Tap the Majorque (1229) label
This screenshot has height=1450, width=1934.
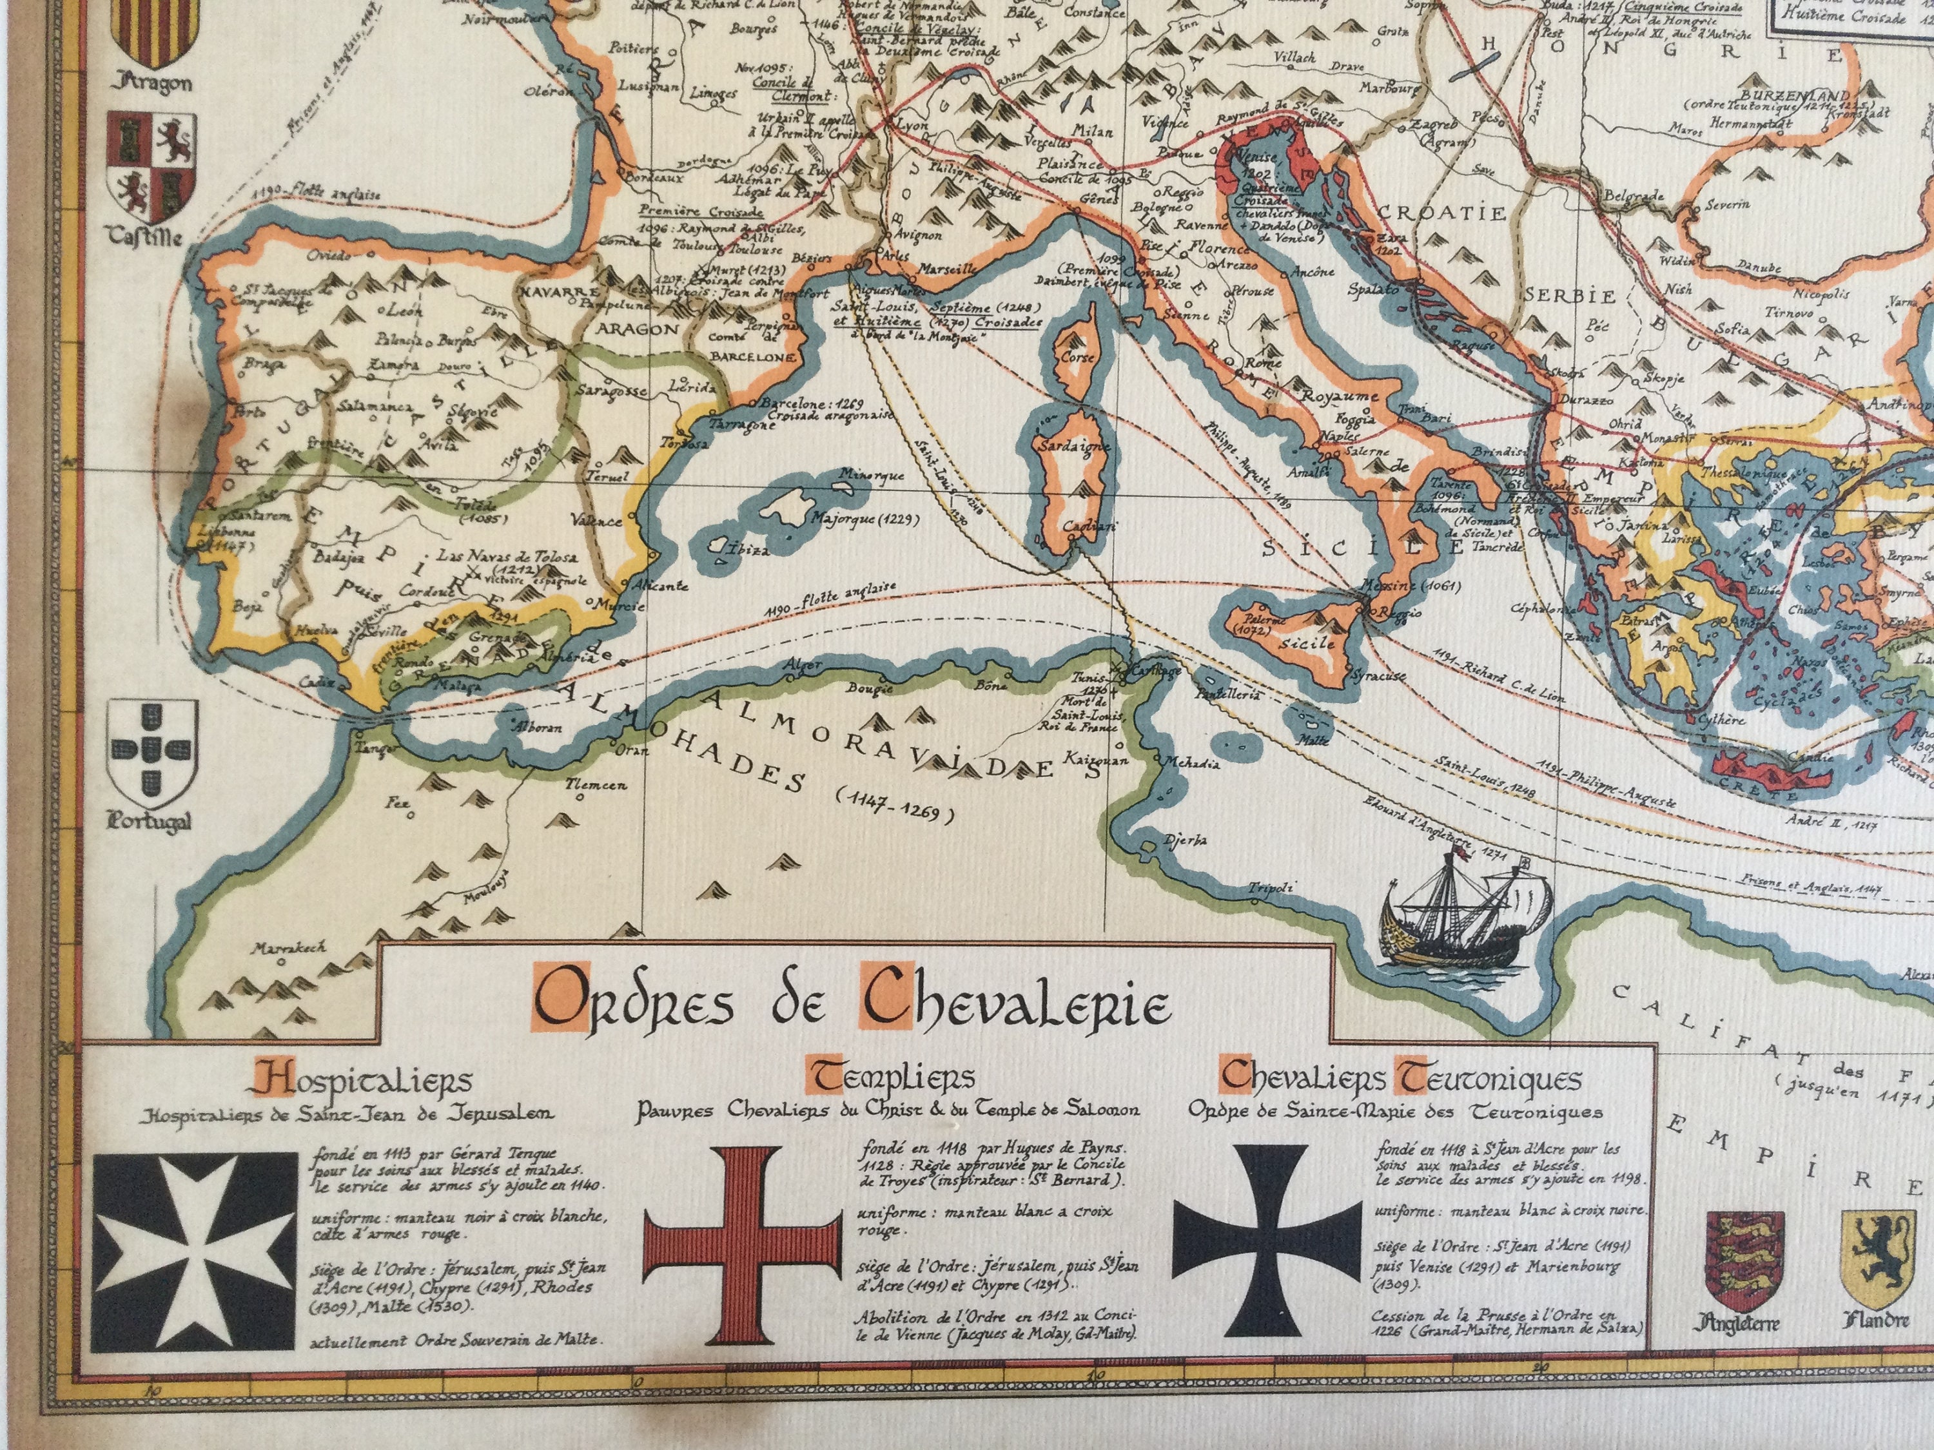(866, 518)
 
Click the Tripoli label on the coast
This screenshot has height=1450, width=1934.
(1269, 888)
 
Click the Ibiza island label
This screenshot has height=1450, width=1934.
(748, 550)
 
